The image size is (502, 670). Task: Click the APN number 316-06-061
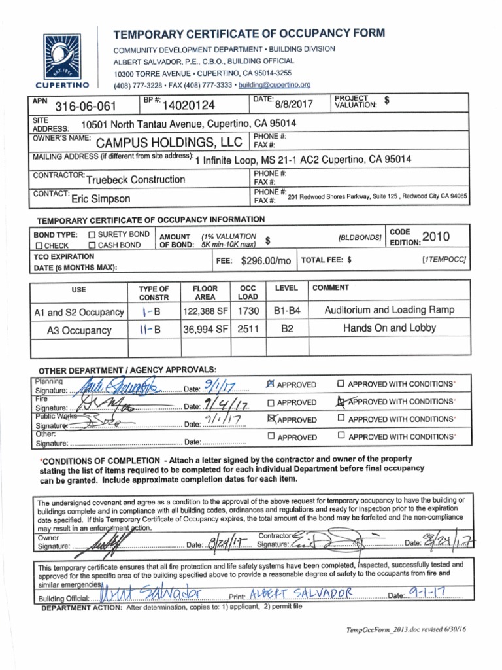click(x=85, y=106)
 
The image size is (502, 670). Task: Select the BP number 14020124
click(x=188, y=105)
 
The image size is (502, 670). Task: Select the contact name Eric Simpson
click(x=101, y=198)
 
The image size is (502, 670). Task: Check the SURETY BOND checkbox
click(x=92, y=234)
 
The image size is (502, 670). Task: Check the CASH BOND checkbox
click(x=92, y=245)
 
